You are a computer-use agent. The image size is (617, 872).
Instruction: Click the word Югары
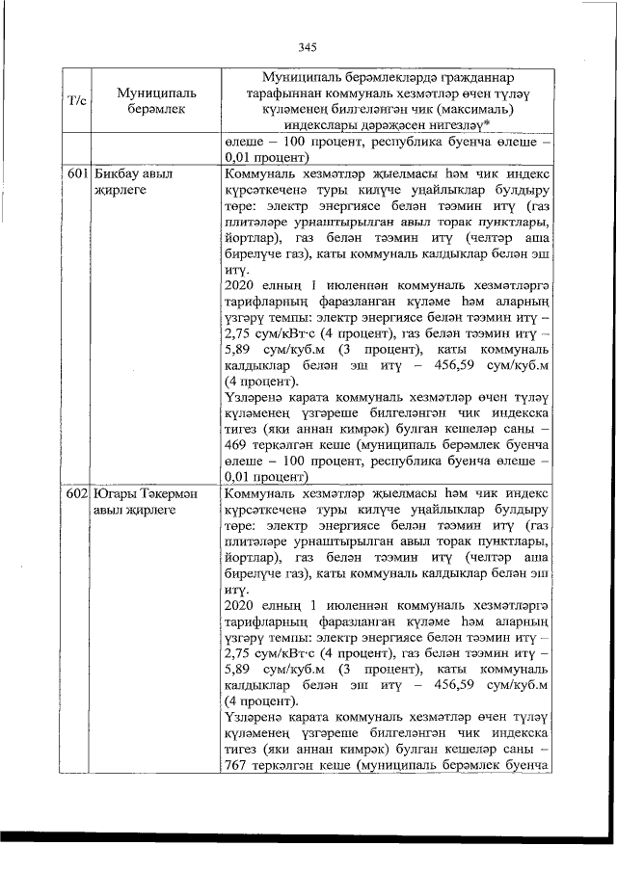click(x=117, y=492)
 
